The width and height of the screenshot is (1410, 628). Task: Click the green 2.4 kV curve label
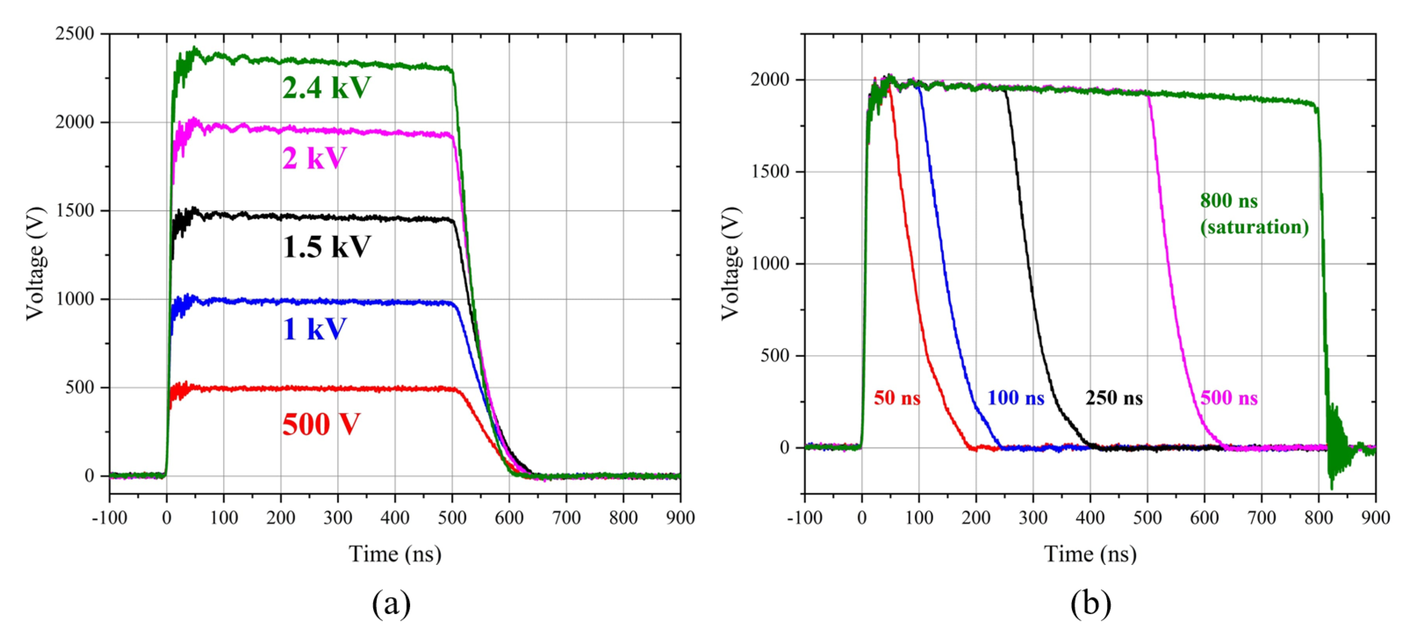(327, 88)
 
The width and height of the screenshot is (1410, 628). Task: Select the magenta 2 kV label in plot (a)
(314, 158)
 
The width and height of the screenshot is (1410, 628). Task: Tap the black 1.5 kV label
(327, 247)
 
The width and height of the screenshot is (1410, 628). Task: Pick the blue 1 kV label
(315, 329)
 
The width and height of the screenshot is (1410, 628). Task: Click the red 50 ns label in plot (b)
(897, 398)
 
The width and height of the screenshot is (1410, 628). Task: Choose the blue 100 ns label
(1016, 398)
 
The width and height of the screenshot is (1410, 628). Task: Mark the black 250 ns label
(1115, 398)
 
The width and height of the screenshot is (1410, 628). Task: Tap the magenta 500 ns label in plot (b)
(1229, 398)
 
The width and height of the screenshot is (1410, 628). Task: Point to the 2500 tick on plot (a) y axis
(74, 34)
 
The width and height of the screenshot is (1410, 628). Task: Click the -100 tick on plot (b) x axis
(805, 517)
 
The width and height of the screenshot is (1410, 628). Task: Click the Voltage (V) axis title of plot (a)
(34, 263)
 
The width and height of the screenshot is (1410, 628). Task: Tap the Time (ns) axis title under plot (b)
(1090, 554)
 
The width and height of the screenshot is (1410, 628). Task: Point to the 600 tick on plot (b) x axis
(1204, 517)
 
